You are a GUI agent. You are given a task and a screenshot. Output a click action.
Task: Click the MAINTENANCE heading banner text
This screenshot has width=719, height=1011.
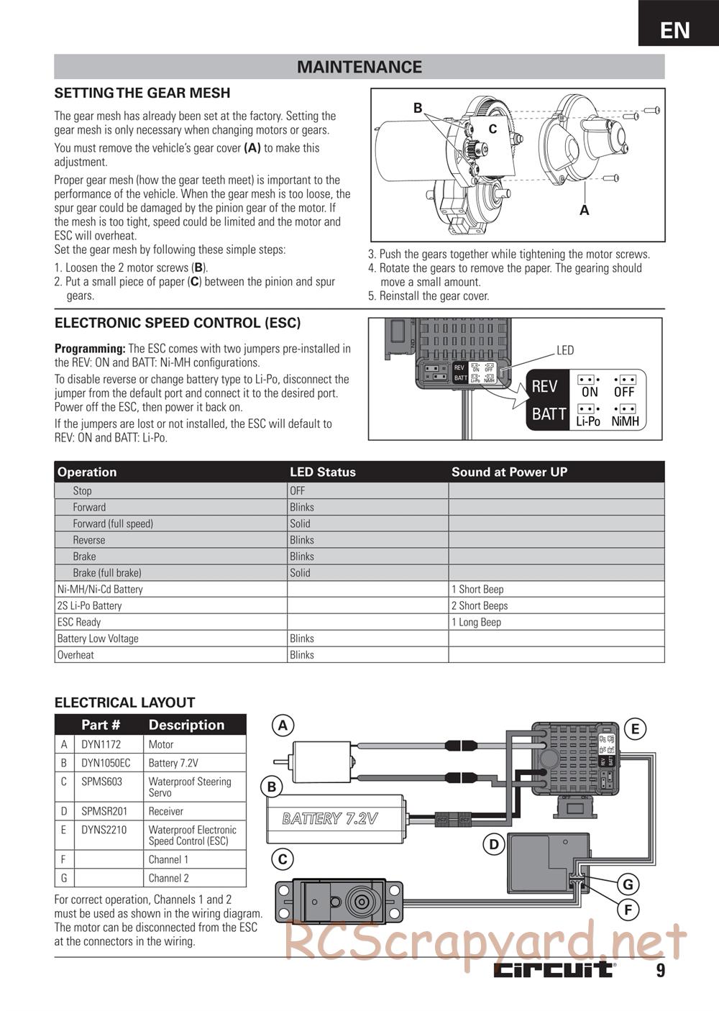(359, 67)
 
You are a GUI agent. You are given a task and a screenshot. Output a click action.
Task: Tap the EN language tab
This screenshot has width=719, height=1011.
(674, 29)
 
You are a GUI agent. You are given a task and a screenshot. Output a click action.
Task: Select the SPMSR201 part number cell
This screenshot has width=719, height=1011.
(104, 811)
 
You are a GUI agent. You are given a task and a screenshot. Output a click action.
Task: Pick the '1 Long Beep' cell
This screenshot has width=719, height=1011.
(476, 622)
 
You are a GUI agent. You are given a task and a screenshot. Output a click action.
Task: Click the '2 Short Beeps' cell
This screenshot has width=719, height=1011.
(480, 605)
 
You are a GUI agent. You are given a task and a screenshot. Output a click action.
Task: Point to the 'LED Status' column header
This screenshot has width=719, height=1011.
(323, 472)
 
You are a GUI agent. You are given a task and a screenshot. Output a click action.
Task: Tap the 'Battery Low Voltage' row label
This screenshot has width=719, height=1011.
(98, 639)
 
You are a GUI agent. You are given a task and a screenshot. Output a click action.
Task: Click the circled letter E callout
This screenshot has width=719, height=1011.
(635, 729)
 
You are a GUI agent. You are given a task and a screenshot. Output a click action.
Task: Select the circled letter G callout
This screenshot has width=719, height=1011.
(628, 884)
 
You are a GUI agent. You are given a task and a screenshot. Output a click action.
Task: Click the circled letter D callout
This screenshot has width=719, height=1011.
(493, 844)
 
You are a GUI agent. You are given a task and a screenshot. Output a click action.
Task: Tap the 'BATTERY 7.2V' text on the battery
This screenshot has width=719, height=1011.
(330, 818)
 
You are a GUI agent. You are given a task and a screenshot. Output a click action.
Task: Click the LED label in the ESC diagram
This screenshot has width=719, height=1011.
(565, 350)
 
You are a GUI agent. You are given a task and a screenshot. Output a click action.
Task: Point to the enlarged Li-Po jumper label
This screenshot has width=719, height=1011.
(588, 421)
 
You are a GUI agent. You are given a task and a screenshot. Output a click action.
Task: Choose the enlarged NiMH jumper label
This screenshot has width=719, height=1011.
(625, 421)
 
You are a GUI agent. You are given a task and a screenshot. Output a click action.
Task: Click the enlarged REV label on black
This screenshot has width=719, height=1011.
(544, 386)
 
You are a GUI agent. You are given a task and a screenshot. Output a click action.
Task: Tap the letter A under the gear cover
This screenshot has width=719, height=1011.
(585, 210)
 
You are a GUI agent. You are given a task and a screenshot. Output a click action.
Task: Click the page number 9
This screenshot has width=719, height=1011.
(660, 971)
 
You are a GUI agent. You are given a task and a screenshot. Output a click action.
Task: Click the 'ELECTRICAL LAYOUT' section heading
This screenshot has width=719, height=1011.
(125, 703)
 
